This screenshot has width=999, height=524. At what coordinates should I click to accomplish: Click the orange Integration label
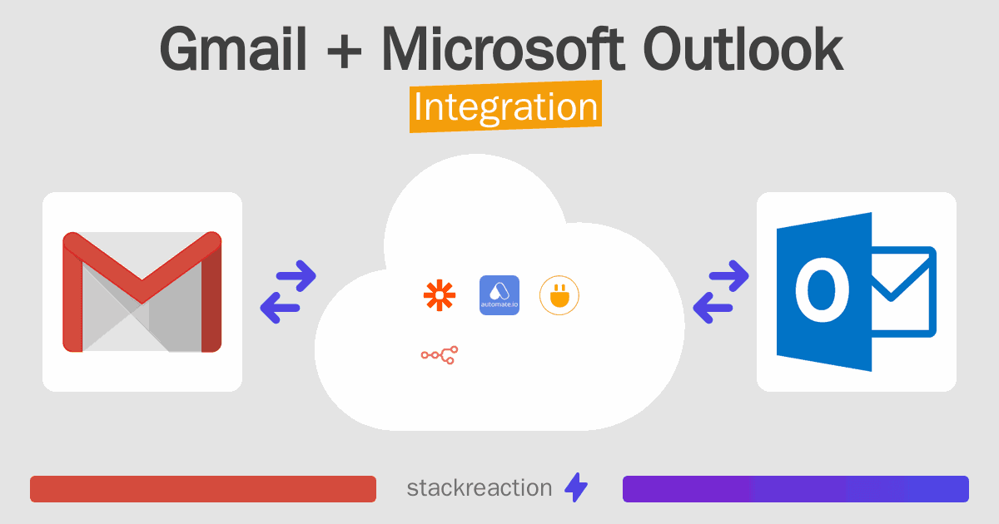pos(505,108)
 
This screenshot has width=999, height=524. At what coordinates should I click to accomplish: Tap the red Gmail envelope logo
pos(142,292)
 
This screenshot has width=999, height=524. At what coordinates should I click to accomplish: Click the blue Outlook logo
pos(856,292)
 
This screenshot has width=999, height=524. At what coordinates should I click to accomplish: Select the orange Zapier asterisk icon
pos(440,295)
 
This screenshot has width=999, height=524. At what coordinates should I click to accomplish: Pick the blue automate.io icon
pos(499,295)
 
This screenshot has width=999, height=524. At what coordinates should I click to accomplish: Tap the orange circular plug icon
pos(559,295)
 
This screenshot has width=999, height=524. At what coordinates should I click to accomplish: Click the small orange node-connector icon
pos(440,355)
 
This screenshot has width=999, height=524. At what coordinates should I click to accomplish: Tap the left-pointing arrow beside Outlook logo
pos(714,308)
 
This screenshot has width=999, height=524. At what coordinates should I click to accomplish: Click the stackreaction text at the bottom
pos(479,488)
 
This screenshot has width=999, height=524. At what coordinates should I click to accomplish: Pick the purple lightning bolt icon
pos(576,488)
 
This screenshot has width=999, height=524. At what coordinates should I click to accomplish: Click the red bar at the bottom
pos(203,489)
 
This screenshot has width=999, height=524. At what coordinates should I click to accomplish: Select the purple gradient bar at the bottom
pos(795,489)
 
